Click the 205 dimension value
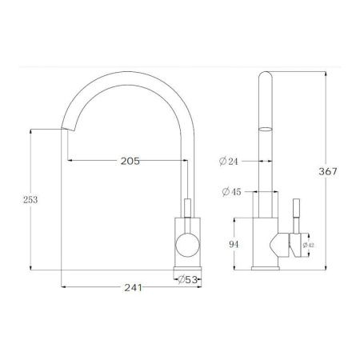[x=130, y=161]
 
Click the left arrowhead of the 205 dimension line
[x=70, y=161]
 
